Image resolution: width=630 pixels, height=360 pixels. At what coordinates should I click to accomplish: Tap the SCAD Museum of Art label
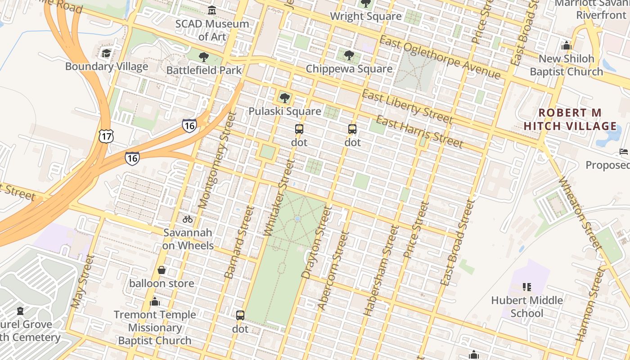click(x=212, y=30)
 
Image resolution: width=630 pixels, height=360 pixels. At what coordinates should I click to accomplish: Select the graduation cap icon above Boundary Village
click(x=106, y=54)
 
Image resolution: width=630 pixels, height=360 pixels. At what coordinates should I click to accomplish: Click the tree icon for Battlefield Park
click(x=204, y=57)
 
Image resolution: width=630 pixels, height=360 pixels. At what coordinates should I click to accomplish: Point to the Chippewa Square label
click(x=349, y=69)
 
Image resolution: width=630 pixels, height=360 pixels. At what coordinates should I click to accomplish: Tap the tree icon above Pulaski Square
click(x=284, y=98)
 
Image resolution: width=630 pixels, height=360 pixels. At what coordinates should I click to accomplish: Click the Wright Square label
click(x=365, y=16)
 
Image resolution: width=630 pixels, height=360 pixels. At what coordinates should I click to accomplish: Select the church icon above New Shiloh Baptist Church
click(x=567, y=45)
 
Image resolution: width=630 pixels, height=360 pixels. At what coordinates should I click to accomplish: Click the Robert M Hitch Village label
click(x=570, y=119)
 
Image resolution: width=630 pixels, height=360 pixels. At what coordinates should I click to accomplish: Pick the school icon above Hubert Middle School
click(x=527, y=287)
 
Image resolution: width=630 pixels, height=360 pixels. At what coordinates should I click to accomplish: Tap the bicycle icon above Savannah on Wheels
click(x=188, y=219)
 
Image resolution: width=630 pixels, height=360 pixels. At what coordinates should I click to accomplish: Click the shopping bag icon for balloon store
click(x=162, y=270)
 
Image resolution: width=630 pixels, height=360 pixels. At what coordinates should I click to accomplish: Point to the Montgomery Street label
click(x=217, y=160)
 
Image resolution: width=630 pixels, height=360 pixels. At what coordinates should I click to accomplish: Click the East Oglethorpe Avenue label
click(x=439, y=57)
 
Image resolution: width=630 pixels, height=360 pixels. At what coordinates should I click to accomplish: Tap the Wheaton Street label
click(x=580, y=213)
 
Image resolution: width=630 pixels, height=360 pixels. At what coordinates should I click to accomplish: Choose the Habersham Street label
click(x=382, y=270)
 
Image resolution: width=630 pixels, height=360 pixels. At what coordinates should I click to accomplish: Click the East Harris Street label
click(x=419, y=131)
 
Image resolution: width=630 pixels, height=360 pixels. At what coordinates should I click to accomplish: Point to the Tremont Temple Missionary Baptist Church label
click(x=155, y=328)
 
